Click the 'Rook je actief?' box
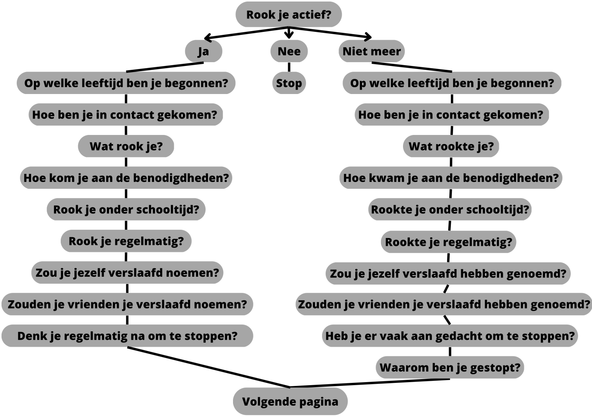(288, 15)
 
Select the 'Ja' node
(203, 51)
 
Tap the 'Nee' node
(289, 51)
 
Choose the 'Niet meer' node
(372, 51)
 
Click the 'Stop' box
(289, 83)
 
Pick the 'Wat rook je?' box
(126, 146)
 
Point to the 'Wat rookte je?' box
(451, 146)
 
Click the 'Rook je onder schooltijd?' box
(126, 209)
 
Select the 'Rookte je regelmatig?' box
(449, 242)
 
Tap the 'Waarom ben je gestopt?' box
(450, 367)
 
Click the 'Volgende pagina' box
(290, 401)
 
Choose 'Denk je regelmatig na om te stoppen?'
(127, 336)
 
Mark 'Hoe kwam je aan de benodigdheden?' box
(450, 178)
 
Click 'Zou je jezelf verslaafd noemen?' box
(127, 273)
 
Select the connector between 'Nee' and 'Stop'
(289, 67)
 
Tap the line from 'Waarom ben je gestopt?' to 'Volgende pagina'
(370, 383)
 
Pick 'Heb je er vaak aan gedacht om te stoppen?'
(450, 336)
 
